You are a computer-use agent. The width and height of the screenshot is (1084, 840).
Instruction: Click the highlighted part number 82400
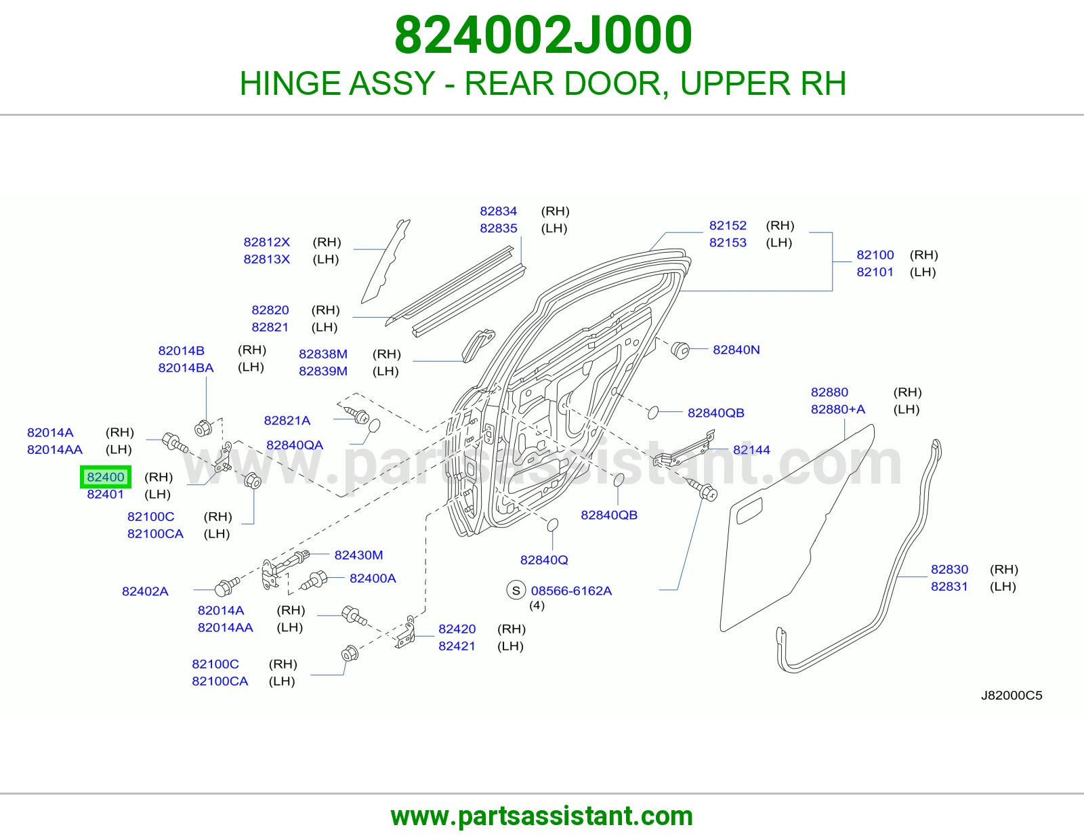[x=105, y=477]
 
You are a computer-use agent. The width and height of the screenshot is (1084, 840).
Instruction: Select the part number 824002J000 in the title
[x=543, y=35]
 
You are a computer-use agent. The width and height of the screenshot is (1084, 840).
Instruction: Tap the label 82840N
[x=736, y=350]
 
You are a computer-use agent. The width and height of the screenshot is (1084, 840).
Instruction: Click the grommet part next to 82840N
[x=680, y=350]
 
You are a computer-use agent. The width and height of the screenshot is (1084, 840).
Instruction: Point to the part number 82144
[x=751, y=450]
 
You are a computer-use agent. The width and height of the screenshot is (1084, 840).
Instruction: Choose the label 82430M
[x=358, y=555]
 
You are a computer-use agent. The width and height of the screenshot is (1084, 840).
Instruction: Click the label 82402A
[x=145, y=591]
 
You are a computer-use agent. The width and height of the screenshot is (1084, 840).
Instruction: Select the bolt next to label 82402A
[x=227, y=587]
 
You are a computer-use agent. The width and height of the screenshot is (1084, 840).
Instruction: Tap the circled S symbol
[x=516, y=591]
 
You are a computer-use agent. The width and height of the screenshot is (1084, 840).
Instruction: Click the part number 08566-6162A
[x=571, y=591]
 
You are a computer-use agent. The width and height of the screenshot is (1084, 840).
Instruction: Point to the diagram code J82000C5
[x=1011, y=695]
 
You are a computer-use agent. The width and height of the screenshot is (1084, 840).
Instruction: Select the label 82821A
[x=287, y=421]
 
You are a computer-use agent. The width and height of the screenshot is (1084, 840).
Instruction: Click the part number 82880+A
[x=837, y=409]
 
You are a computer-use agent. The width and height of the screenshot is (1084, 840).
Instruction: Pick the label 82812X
[x=266, y=242]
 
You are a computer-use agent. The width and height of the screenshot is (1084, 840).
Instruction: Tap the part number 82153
[x=728, y=243]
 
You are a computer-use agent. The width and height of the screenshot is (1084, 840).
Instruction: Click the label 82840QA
[x=294, y=445]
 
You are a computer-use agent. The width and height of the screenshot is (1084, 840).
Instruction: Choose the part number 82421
[x=457, y=646]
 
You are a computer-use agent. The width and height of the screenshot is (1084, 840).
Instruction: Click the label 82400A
[x=373, y=578]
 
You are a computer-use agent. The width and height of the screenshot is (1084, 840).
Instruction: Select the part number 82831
[x=948, y=586]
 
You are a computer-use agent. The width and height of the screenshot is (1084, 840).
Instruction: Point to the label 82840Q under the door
[x=544, y=560]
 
